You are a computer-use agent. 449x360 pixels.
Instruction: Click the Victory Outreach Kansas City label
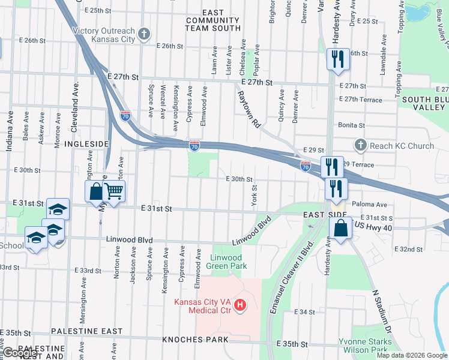click(x=103, y=35)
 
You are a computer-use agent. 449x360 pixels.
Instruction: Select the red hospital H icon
click(x=241, y=306)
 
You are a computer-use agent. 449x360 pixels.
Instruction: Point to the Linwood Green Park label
click(x=228, y=262)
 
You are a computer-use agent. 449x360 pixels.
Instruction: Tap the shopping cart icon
click(x=114, y=191)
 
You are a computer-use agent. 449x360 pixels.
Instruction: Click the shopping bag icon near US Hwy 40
click(x=340, y=229)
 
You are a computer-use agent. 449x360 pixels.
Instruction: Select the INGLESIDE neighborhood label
click(x=86, y=144)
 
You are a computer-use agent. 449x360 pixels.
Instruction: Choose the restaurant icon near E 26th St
click(x=337, y=59)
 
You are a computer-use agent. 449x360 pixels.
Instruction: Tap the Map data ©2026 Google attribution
click(x=411, y=355)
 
